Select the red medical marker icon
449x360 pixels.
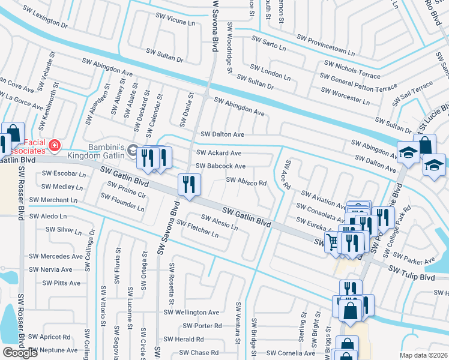(x=54, y=145)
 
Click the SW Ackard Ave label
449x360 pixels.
(x=219, y=153)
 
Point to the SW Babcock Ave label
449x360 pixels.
(x=221, y=166)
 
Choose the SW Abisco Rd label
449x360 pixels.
(x=246, y=181)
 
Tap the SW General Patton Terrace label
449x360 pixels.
(x=358, y=83)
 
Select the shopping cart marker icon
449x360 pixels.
(x=332, y=242)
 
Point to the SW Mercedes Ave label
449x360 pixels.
(x=60, y=256)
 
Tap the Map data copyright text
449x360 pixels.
(x=424, y=355)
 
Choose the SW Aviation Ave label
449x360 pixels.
(x=324, y=197)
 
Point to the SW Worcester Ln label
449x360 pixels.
(x=347, y=95)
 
